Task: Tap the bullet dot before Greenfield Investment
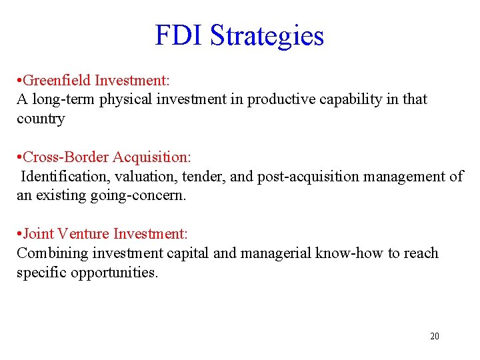click(19, 81)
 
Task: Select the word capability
click(351, 100)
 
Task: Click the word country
click(41, 119)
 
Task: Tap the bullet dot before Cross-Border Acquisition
click(19, 158)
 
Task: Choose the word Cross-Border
click(67, 157)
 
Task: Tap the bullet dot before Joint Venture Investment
click(19, 235)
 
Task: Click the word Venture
click(83, 234)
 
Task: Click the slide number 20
click(435, 336)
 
